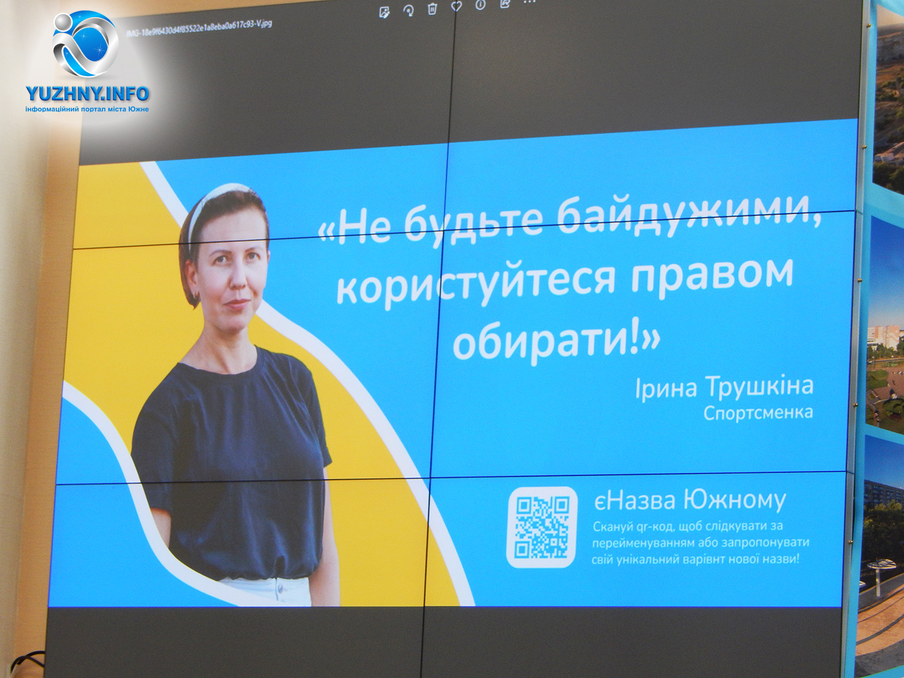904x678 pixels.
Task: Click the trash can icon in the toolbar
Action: point(432,8)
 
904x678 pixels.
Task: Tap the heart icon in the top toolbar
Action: point(457,6)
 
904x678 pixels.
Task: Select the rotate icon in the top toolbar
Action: point(409,10)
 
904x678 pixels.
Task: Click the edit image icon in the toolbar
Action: point(384,12)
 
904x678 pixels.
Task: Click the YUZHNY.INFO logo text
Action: point(87,94)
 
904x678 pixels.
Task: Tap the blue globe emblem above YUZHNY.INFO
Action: point(86,44)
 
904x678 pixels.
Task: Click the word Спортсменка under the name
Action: point(758,413)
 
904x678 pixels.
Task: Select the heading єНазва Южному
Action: point(690,500)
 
